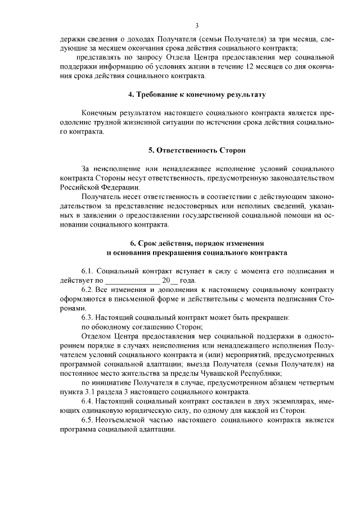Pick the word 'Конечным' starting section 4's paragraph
[100, 113]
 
